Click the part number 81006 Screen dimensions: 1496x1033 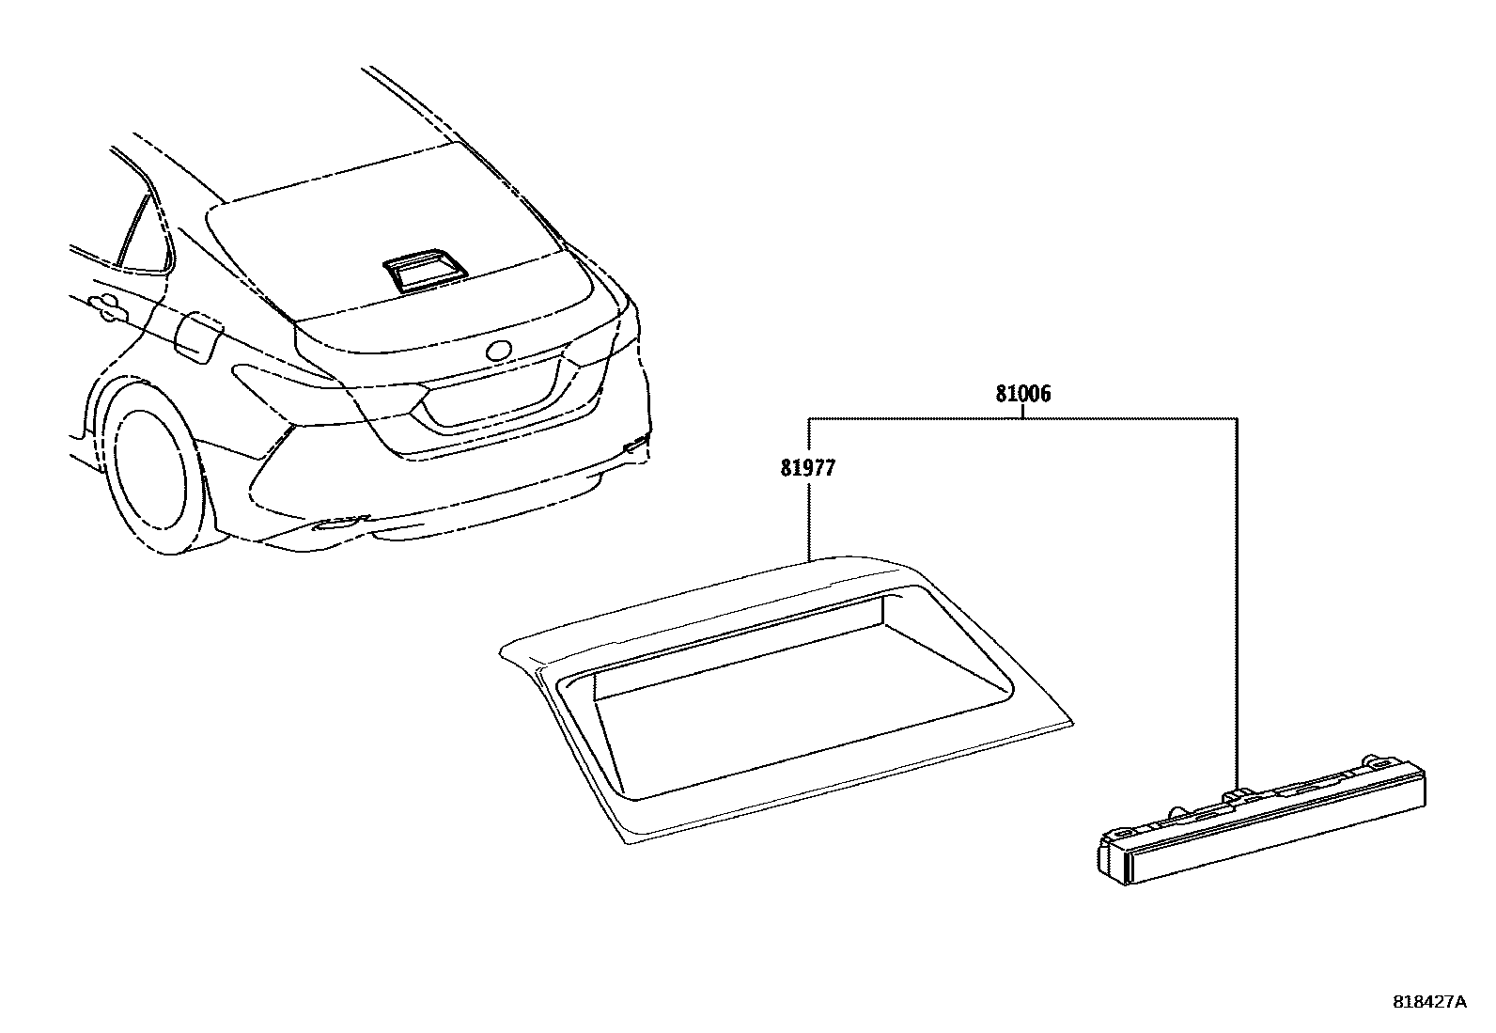[x=1023, y=395]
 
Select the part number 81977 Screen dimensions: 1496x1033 [x=807, y=467]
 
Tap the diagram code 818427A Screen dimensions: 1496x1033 [x=1428, y=1002]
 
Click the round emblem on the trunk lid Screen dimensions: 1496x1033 [x=498, y=350]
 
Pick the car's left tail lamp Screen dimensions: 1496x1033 [x=282, y=380]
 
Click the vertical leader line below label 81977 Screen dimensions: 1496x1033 [x=809, y=517]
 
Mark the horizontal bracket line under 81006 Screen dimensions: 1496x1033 [x=1023, y=417]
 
